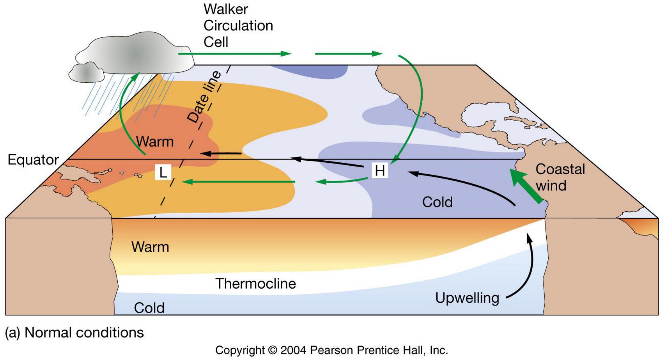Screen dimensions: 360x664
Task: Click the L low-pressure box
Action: pyautogui.click(x=163, y=172)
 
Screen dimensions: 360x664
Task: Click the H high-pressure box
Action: pyautogui.click(x=380, y=171)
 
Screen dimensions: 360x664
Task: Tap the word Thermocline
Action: pyautogui.click(x=255, y=283)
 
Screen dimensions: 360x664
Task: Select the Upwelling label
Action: pyautogui.click(x=467, y=298)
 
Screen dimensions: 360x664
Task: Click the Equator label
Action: pyautogui.click(x=33, y=160)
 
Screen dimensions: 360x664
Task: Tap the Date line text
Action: pyautogui.click(x=204, y=97)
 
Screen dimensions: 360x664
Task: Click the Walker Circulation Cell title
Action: pyautogui.click(x=238, y=26)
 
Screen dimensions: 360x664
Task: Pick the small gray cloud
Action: pyautogui.click(x=86, y=72)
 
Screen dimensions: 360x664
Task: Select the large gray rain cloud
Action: pyautogui.click(x=135, y=53)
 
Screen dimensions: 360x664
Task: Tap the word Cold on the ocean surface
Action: pyautogui.click(x=437, y=202)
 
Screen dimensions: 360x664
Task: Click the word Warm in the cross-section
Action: pyautogui.click(x=150, y=247)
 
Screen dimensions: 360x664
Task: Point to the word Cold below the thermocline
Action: pyautogui.click(x=149, y=308)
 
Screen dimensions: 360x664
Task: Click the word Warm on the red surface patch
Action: pyautogui.click(x=155, y=142)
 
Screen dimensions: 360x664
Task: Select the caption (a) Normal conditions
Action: pyautogui.click(x=74, y=333)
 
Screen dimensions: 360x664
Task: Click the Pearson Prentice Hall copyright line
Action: pyautogui.click(x=331, y=350)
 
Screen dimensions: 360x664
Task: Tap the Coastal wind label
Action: pyautogui.click(x=560, y=177)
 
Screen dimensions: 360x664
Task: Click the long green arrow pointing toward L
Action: pyautogui.click(x=239, y=182)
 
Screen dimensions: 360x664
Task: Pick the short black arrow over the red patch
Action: pyautogui.click(x=221, y=154)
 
